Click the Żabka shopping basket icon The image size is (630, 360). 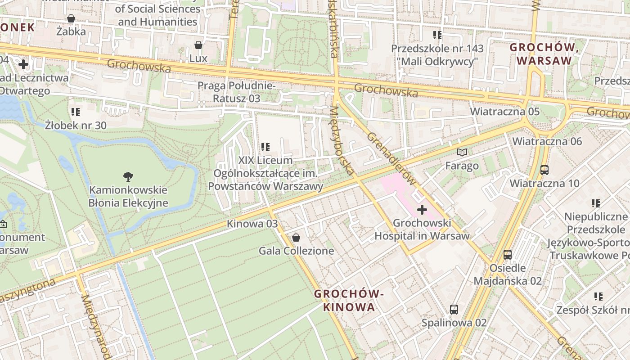point(71,18)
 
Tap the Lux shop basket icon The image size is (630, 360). point(198,45)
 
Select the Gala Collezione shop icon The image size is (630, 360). point(296,237)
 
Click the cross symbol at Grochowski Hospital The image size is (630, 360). point(422,210)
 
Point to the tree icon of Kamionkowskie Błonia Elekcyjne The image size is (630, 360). point(128,176)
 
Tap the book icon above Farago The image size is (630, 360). point(462,152)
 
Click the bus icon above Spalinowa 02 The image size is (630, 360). point(454,309)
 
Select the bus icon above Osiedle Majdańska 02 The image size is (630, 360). point(508,254)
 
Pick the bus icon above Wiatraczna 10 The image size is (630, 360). point(544,170)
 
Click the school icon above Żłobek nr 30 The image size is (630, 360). point(76,112)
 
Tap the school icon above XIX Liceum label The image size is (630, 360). point(265,147)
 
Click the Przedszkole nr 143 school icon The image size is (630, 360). point(437,35)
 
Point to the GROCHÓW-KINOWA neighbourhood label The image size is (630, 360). point(349,300)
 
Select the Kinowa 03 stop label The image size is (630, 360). point(252,224)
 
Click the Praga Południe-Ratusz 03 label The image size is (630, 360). point(236,92)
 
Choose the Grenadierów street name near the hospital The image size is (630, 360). point(390,158)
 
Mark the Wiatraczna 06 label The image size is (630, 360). point(547,141)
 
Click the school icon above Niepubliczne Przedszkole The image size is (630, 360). point(596,203)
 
